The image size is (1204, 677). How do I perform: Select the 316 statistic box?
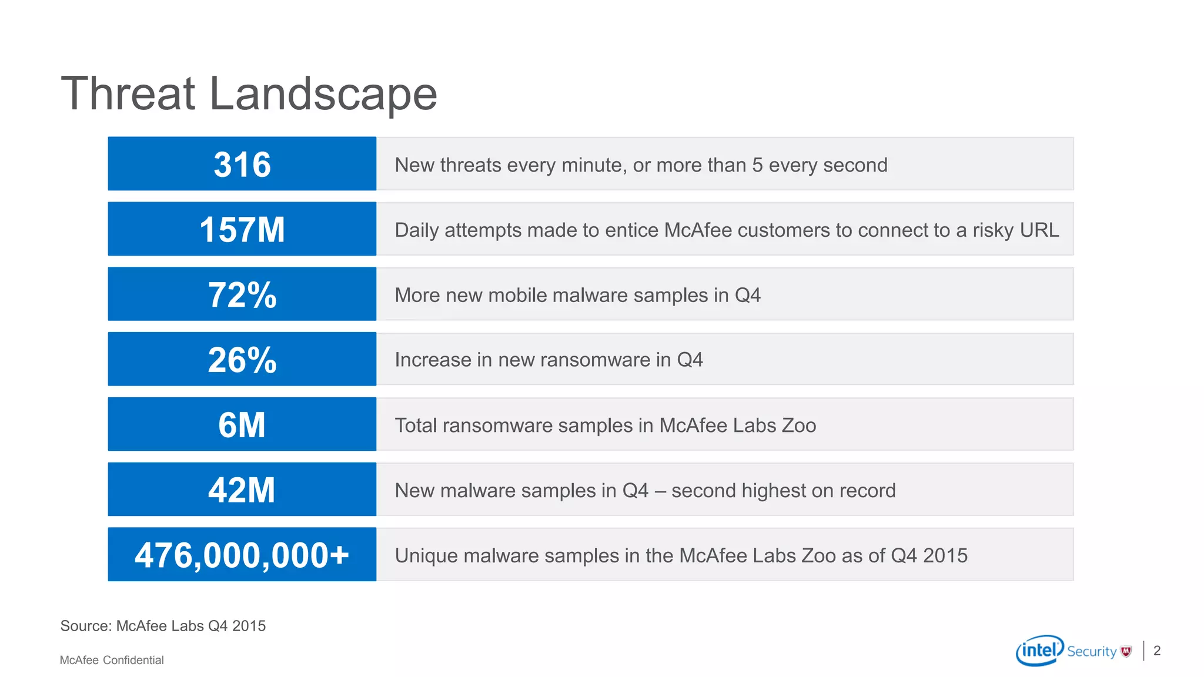(242, 164)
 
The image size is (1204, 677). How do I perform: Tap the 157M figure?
(242, 229)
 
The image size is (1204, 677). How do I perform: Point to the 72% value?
(242, 294)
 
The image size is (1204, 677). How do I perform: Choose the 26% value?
(242, 360)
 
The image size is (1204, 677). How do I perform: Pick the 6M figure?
(242, 425)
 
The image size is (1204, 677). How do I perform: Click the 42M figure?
(242, 490)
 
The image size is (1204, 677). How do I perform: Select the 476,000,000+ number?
(242, 555)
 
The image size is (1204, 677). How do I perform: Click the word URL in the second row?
(1039, 230)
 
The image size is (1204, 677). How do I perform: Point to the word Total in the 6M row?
(416, 425)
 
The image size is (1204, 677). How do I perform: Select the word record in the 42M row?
(867, 491)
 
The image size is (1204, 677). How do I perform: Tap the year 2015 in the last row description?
(945, 556)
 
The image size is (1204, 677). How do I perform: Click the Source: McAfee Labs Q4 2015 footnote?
(163, 626)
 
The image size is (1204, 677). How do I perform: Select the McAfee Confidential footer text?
(112, 660)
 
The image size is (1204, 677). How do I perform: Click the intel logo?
(1039, 651)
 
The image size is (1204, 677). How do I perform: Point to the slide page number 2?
(1157, 651)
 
